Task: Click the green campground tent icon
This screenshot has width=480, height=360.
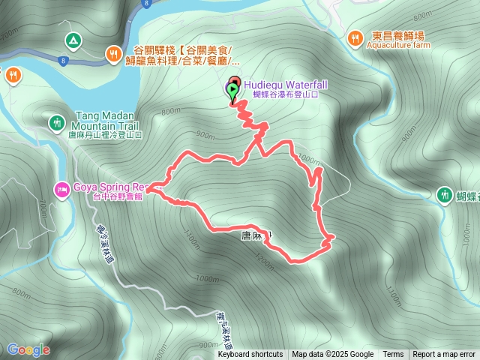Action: pyautogui.click(x=73, y=40)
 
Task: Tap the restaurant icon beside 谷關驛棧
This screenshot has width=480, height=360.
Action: pyautogui.click(x=113, y=52)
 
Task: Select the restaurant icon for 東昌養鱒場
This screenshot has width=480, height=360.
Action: pyautogui.click(x=355, y=36)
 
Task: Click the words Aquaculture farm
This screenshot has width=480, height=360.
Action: pyautogui.click(x=398, y=45)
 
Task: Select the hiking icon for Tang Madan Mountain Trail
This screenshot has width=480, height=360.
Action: pyautogui.click(x=57, y=121)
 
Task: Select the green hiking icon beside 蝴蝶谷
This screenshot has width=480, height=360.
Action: pyautogui.click(x=445, y=195)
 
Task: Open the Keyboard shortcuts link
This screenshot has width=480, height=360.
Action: pyautogui.click(x=250, y=355)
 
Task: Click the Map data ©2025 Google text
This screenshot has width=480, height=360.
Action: pyautogui.click(x=332, y=355)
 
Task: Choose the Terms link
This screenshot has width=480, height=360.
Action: pyautogui.click(x=393, y=355)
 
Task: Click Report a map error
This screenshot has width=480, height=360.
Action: pyautogui.click(x=444, y=355)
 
